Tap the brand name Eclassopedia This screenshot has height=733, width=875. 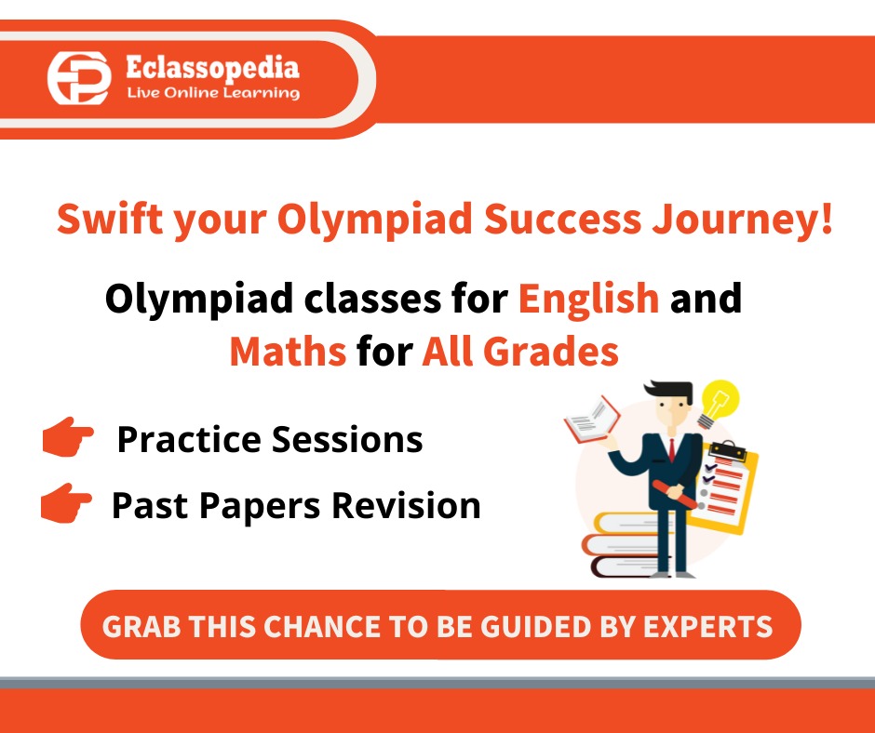coord(212,68)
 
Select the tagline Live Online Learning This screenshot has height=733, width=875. coord(212,93)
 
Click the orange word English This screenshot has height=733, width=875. coord(588,300)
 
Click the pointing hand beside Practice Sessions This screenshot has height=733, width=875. coord(68,436)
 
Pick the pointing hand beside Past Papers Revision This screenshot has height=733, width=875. coord(66,503)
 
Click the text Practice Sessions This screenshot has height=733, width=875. coord(269,439)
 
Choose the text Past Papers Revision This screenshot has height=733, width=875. coord(296,505)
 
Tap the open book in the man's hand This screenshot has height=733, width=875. coord(592,418)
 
